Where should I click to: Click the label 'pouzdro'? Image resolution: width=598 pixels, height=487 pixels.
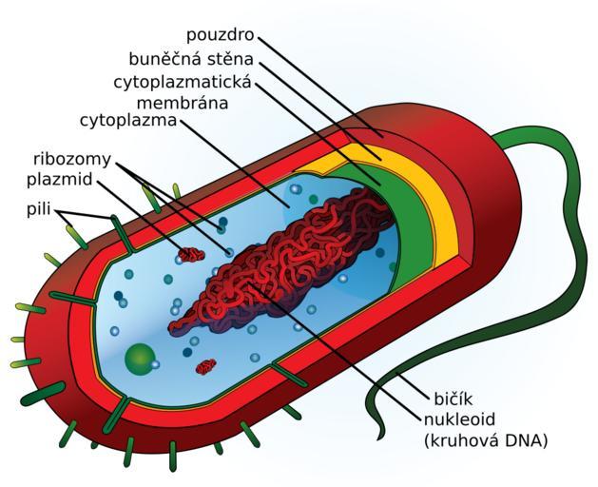click(x=222, y=35)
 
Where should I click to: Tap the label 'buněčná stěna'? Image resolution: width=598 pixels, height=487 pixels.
click(x=190, y=59)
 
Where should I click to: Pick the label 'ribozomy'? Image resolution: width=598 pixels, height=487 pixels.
click(x=72, y=158)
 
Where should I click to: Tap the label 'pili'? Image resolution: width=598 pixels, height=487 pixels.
click(x=39, y=209)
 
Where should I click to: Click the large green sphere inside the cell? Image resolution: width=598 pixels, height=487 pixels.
click(x=140, y=359)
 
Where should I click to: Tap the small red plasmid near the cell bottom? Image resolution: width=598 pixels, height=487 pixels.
click(x=205, y=366)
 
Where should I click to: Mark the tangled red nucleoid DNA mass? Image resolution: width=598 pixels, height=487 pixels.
click(x=285, y=266)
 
